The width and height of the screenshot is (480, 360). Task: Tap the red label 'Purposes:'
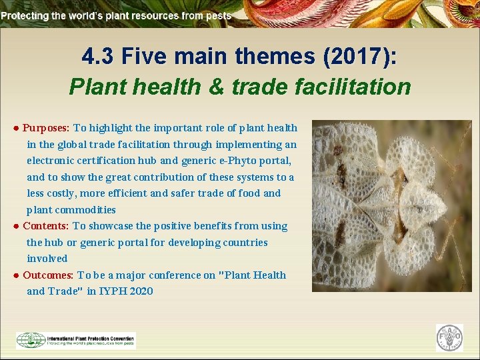(47, 128)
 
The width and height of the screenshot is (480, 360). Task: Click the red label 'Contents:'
(46, 226)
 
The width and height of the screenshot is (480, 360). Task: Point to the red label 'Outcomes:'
(49, 275)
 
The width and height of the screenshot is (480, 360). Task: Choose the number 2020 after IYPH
(139, 291)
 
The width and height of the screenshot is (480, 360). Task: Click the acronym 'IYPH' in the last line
(110, 291)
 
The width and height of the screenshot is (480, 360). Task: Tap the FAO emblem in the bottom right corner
(449, 338)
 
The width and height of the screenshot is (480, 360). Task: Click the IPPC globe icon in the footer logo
(31, 340)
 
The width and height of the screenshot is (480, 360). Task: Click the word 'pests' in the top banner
(219, 15)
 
